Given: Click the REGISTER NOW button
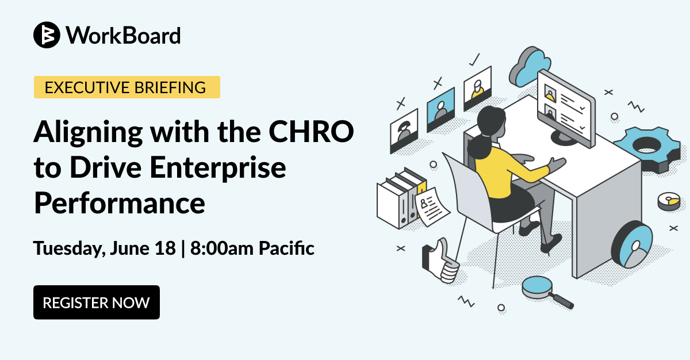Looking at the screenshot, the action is point(97,302).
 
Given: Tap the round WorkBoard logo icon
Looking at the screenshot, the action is point(47,35).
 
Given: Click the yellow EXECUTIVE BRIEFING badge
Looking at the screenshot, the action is point(127,87).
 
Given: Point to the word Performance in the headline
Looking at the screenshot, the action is point(120,203).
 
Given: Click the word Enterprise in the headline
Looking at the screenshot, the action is point(218,168).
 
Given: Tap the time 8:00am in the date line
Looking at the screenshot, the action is point(223,248).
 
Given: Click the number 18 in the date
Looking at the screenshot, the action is point(165,248).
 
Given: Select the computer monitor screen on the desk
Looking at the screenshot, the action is point(566,108).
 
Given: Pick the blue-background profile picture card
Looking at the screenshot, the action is point(441,110).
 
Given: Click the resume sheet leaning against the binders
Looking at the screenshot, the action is point(432,207).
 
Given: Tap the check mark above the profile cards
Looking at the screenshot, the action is point(475,60).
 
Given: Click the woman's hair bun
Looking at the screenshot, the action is point(480,148).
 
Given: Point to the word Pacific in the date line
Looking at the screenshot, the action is point(286,248).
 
